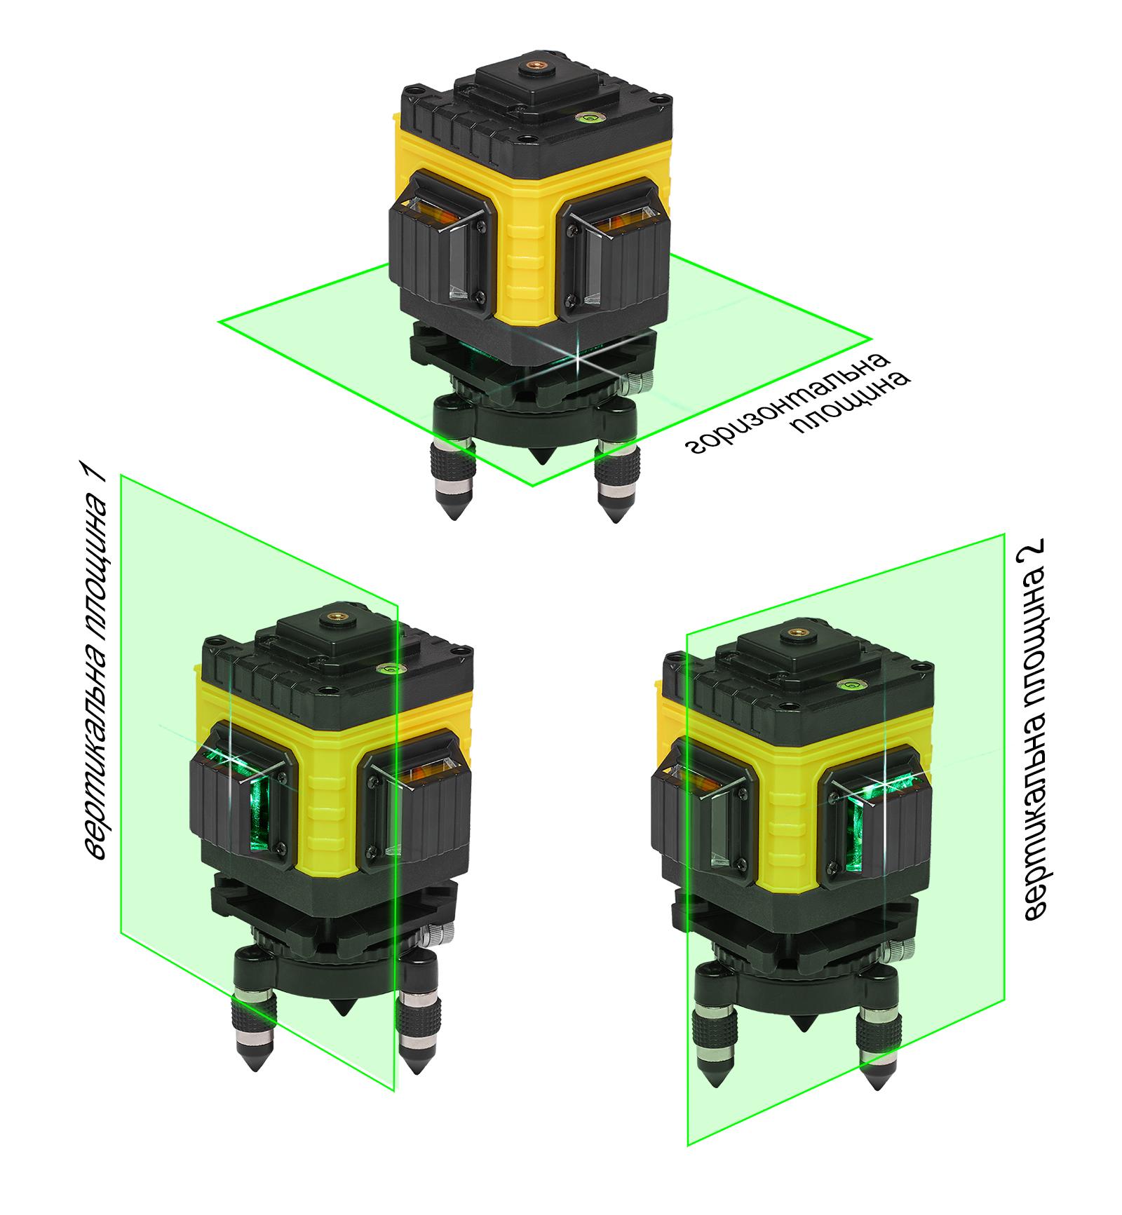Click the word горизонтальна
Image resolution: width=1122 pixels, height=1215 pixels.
(x=787, y=402)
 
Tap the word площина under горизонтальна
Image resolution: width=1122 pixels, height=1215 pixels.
(x=851, y=402)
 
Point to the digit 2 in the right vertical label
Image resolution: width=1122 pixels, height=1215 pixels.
(x=1032, y=550)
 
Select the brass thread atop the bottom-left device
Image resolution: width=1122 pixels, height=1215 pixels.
(x=339, y=619)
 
